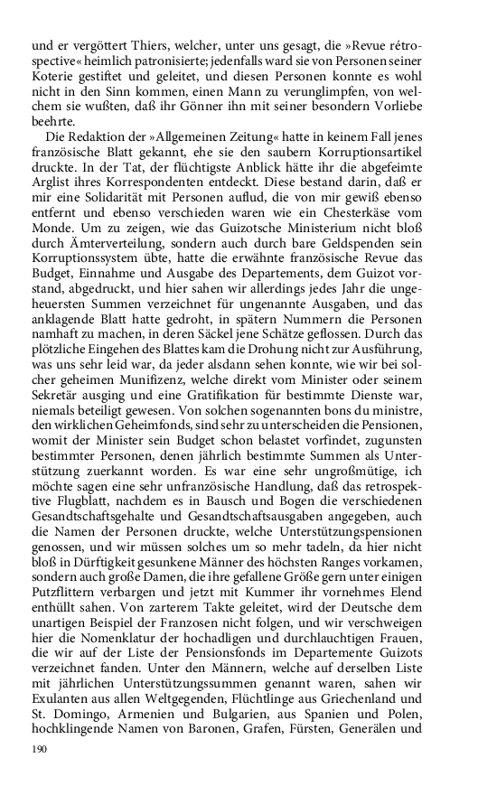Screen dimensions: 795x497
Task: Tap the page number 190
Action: point(39,749)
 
